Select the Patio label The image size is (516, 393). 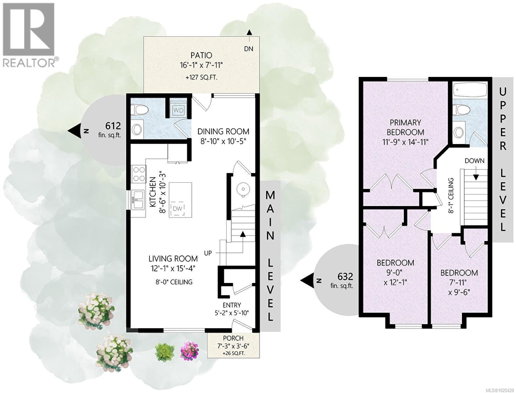pos(201,55)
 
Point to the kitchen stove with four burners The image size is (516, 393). pos(138,174)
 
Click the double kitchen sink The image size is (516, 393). pos(138,199)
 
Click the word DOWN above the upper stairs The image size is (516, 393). pos(474,161)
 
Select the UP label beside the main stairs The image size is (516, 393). pos(208,253)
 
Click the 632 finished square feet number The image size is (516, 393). pos(345,277)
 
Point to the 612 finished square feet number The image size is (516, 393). pos(113,126)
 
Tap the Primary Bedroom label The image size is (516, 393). pos(405,127)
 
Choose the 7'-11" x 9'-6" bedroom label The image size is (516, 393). pos(459,282)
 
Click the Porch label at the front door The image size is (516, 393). pos(233,338)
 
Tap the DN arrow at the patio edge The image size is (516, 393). pos(249,32)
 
